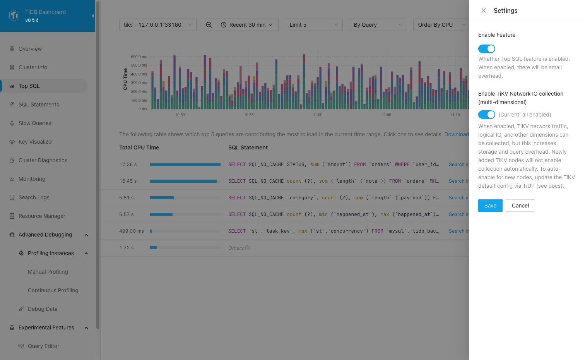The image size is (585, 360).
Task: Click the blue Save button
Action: click(x=490, y=206)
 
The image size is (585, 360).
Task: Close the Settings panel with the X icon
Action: click(x=484, y=11)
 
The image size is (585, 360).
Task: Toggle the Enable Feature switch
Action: click(x=487, y=49)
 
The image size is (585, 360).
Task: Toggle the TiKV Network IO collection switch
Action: click(x=487, y=115)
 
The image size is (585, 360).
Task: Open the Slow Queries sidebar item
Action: click(x=35, y=123)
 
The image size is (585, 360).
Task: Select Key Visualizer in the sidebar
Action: click(x=36, y=142)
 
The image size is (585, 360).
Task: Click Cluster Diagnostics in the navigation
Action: click(x=43, y=160)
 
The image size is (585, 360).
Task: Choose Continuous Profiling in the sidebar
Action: click(x=53, y=290)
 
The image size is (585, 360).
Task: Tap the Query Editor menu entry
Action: click(x=43, y=346)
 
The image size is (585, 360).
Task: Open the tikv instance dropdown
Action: click(x=157, y=25)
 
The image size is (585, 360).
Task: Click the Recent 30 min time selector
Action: click(x=247, y=25)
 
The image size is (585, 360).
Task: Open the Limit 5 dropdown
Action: click(x=313, y=25)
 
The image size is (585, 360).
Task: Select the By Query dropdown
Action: click(x=378, y=25)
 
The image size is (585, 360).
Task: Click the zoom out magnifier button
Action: click(x=209, y=25)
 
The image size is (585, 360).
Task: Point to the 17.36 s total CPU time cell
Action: click(x=128, y=165)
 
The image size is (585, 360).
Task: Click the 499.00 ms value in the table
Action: click(x=132, y=231)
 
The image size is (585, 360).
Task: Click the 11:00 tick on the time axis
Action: click(x=318, y=115)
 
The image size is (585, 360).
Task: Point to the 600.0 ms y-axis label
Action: click(x=139, y=57)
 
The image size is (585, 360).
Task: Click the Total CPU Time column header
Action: click(x=139, y=147)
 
